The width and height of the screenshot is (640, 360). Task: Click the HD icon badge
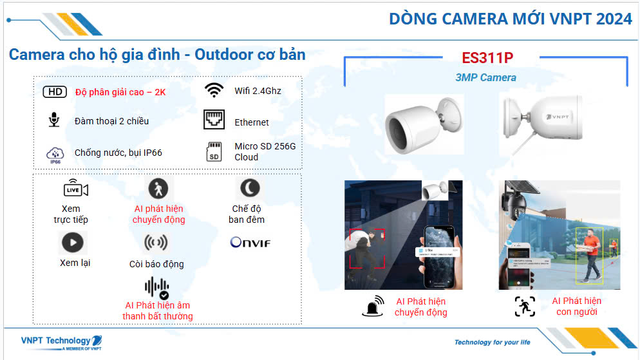[55, 91]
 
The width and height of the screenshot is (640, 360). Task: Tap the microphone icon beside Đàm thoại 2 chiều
[54, 120]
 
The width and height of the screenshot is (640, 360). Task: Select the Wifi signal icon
[213, 90]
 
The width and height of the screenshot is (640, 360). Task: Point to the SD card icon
[214, 151]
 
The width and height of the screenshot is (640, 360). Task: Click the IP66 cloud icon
[55, 153]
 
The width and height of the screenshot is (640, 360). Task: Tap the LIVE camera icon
[75, 189]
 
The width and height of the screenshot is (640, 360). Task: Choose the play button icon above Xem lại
[72, 243]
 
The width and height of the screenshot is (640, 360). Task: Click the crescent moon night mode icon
[249, 188]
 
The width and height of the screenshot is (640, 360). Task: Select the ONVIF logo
[250, 243]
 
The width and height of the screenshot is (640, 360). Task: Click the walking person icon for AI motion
[158, 189]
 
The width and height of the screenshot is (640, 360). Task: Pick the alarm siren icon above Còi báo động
[156, 243]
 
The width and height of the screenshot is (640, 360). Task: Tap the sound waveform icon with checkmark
[156, 287]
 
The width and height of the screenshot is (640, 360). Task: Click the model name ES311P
[487, 57]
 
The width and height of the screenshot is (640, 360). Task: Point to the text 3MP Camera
[485, 77]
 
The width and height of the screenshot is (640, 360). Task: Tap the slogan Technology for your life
[492, 342]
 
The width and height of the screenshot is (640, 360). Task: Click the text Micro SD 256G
[265, 146]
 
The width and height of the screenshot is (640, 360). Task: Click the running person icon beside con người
[525, 307]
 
